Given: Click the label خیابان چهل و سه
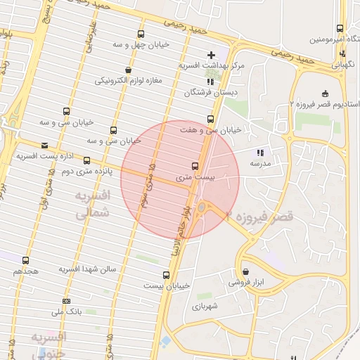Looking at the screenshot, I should [x=148, y=45].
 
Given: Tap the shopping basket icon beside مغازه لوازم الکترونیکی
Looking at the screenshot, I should [x=128, y=70].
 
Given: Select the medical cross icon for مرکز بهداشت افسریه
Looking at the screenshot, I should [x=211, y=55].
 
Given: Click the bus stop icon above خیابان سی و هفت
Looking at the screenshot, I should [x=210, y=119].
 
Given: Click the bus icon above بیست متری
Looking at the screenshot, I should [x=195, y=167].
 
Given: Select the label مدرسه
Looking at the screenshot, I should [x=260, y=163].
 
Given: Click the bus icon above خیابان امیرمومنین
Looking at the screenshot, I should [x=340, y=29].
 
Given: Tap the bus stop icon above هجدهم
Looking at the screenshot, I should [x=26, y=260].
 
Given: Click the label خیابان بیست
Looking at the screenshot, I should [x=167, y=285].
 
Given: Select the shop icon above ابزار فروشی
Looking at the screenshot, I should [x=245, y=271].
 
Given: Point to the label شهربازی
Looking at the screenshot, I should [x=205, y=306].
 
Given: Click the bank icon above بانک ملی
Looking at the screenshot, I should [x=66, y=302].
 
